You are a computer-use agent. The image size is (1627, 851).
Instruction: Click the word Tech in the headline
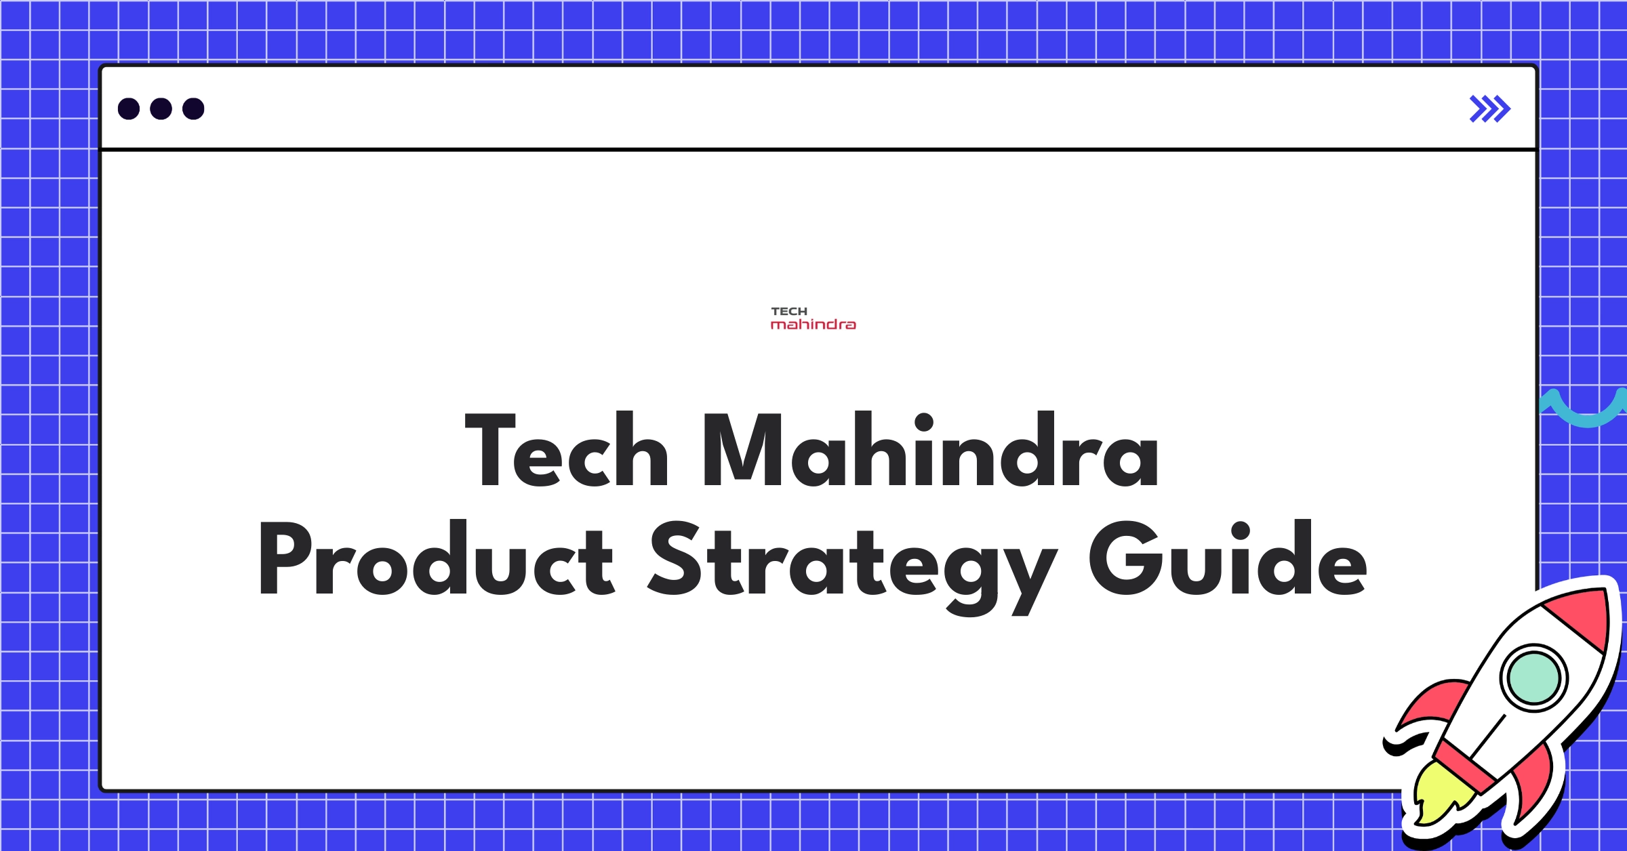567,450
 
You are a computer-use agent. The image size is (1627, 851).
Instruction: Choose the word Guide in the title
1228,558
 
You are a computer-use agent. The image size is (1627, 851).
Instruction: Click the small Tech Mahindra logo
813,318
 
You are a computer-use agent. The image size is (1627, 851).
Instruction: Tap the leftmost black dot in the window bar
129,108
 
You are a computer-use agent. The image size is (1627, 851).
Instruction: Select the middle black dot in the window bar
161,108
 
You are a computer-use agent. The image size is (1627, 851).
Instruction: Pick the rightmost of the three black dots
193,108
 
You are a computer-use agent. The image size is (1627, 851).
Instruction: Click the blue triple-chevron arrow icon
1489,108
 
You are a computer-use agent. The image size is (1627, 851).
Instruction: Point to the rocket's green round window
1533,678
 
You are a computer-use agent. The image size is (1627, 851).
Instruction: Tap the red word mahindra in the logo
813,325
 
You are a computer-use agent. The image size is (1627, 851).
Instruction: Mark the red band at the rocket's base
1464,766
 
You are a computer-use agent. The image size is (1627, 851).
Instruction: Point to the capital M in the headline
743,450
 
